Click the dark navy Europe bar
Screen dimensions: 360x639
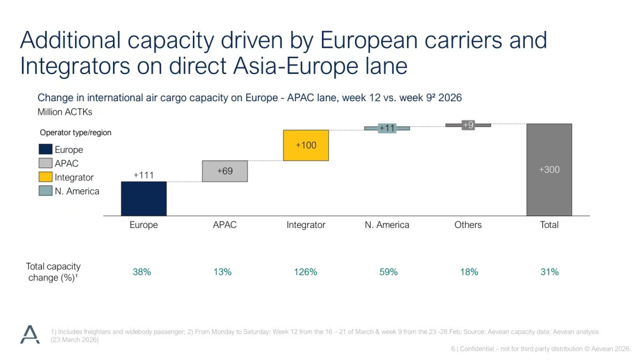144,198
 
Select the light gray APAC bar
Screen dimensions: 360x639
225,171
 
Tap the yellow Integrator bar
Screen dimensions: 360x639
306,145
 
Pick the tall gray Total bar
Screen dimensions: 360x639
549,169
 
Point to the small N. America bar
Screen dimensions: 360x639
387,128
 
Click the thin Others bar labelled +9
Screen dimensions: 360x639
468,125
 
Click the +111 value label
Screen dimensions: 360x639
144,175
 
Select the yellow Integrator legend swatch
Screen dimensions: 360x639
46,177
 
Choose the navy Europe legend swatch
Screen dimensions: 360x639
46,150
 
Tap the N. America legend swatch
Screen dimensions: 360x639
46,191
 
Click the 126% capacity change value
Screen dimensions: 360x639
305,272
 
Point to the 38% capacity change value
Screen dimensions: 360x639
141,272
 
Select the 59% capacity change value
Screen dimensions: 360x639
388,272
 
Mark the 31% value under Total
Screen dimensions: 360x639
549,272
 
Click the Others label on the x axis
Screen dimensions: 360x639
468,225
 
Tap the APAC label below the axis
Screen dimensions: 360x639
225,225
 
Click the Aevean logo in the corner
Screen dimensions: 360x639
30,335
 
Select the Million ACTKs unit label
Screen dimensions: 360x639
65,111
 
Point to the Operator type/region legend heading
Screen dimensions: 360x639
76,133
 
